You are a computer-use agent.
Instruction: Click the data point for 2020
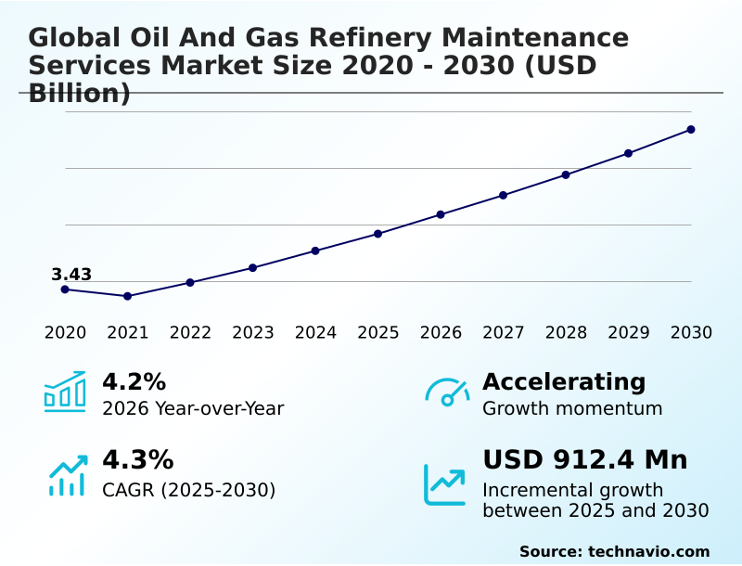point(65,289)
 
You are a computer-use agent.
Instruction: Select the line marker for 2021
point(128,296)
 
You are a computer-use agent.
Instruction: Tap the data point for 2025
point(378,234)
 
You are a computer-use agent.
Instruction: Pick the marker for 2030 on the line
point(691,130)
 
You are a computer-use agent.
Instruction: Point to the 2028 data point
point(566,174)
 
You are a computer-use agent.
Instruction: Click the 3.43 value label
point(71,275)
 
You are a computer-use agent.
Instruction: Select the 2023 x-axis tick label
point(253,333)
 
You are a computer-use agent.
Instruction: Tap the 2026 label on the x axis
point(441,333)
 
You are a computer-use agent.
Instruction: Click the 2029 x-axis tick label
point(629,333)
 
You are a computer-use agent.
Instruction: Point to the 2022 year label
point(190,333)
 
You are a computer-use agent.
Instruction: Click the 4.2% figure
point(134,382)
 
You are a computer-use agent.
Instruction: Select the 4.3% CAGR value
point(137,460)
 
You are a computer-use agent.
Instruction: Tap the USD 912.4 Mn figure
point(585,460)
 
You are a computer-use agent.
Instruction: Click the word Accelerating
point(564,382)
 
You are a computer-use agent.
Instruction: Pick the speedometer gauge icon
point(447,392)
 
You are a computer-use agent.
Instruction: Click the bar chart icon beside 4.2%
point(65,392)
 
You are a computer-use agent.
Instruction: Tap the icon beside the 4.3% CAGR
point(67,476)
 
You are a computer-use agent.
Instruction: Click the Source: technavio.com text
point(614,551)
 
